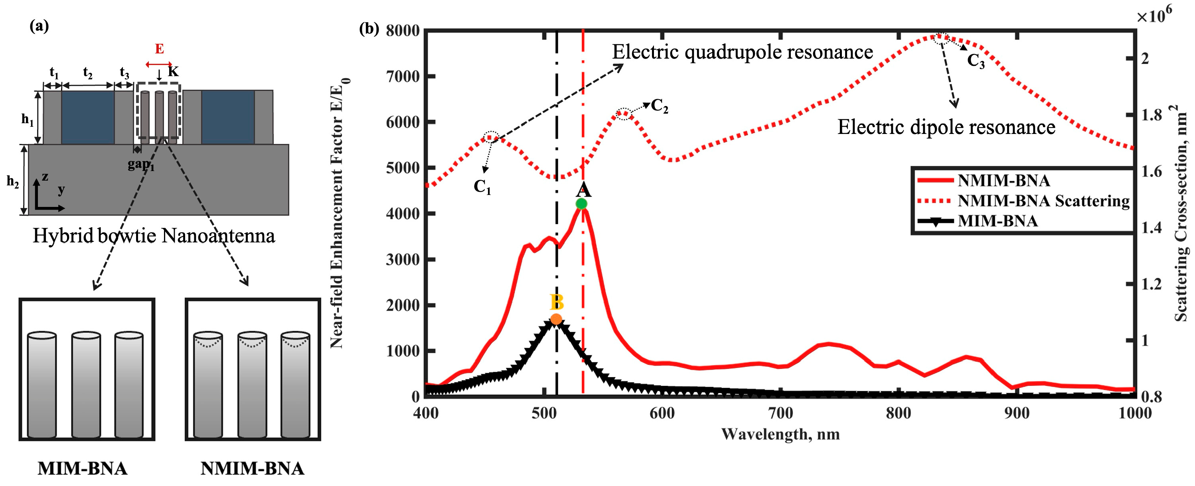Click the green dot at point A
(581, 204)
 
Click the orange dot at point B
(556, 319)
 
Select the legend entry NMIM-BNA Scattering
(1043, 201)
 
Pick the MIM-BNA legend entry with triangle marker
(997, 221)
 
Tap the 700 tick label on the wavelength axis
(780, 413)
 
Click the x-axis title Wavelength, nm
(780, 434)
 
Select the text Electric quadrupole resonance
(742, 52)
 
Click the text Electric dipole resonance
(946, 127)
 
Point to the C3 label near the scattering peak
(976, 61)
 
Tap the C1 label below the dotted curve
(482, 187)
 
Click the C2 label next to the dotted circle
(660, 106)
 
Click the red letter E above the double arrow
(159, 49)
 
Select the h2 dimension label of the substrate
(12, 181)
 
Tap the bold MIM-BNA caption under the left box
(83, 468)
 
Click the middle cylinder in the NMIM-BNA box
(252, 384)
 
